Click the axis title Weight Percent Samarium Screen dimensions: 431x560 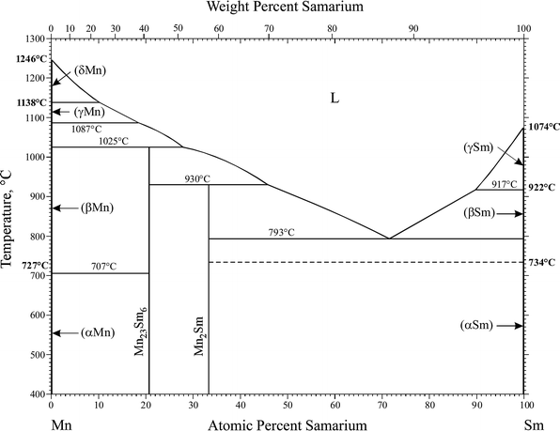click(288, 8)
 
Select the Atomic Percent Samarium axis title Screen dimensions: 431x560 click(288, 423)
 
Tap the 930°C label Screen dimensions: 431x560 click(196, 178)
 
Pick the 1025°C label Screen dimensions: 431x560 click(113, 141)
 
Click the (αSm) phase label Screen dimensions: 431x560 click(477, 325)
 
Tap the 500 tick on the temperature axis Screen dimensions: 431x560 click(36, 355)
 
